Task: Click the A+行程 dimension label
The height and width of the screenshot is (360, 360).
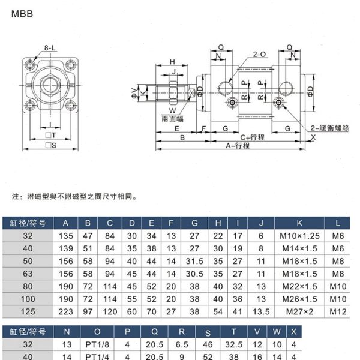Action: (x=238, y=146)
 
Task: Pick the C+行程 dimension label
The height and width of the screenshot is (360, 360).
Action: (x=252, y=137)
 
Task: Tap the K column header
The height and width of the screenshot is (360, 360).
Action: (x=299, y=224)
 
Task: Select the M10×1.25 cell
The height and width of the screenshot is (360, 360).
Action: (x=299, y=236)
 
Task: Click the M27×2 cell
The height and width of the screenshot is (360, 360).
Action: (x=299, y=311)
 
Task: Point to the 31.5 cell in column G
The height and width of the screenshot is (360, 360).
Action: (x=194, y=262)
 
